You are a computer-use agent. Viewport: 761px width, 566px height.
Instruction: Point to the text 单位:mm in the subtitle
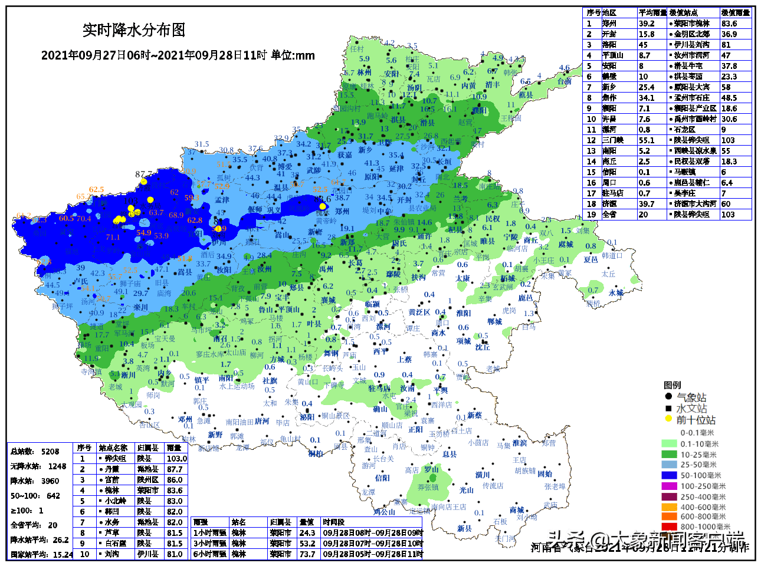pos(293,55)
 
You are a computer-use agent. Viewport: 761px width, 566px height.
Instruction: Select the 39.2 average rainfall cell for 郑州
pos(647,24)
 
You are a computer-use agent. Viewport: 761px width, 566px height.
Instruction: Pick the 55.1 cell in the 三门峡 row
pos(647,140)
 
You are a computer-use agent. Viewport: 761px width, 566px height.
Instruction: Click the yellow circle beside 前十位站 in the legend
pos(668,419)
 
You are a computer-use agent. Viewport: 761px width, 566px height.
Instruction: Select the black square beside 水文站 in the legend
pos(668,408)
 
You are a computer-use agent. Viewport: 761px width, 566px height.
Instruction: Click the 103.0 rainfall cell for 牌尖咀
pos(176,459)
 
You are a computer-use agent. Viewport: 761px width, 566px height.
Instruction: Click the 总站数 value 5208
pos(50,452)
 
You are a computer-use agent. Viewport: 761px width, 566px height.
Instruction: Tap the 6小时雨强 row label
pos(209,554)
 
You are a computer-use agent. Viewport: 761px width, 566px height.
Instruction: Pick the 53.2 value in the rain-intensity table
pos(307,544)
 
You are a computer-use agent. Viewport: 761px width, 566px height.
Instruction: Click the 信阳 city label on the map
pos(382,478)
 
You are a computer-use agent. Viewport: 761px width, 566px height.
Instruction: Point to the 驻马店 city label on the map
pos(379,389)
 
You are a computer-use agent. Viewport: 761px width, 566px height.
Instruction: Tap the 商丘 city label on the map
pos(531,240)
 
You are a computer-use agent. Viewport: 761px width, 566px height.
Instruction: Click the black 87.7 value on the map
pos(143,174)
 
